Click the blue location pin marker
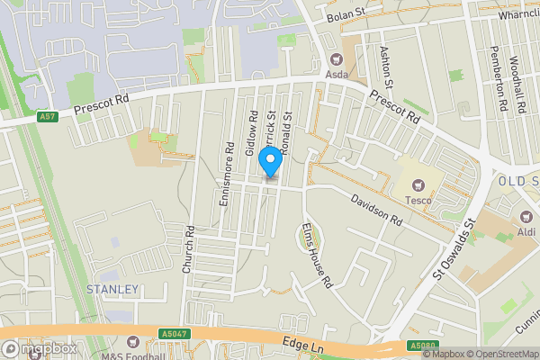pyautogui.click(x=269, y=162)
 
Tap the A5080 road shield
pyautogui.click(x=421, y=346)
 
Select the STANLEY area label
pyautogui.click(x=112, y=290)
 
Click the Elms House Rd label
pyautogui.click(x=318, y=255)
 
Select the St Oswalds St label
pyautogui.click(x=455, y=250)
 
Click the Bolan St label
pyautogui.click(x=346, y=16)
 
